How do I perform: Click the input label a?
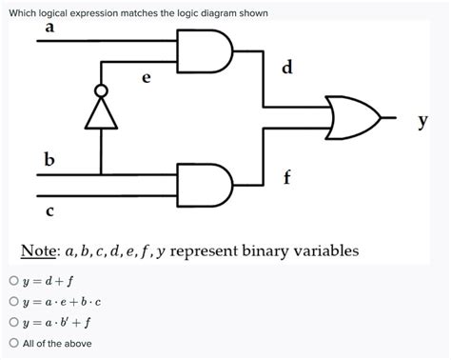tap(49, 29)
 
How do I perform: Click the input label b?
tap(49, 155)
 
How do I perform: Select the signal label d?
tap(287, 67)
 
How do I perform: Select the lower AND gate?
tap(206, 185)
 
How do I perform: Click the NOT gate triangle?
tap(101, 115)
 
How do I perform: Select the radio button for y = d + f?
tap(13, 281)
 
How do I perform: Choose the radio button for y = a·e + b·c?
tap(13, 301)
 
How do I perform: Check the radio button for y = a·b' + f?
tap(13, 322)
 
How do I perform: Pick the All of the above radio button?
tap(13, 343)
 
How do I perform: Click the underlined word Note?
tap(40, 250)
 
